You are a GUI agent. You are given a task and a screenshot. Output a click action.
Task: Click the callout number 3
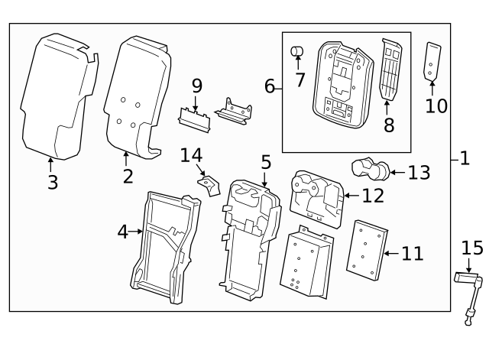tap(51, 182)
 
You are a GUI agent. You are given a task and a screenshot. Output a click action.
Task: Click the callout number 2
tap(128, 177)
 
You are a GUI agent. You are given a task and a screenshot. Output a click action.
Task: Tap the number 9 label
tap(196, 86)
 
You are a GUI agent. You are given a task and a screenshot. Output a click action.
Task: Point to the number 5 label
tap(265, 162)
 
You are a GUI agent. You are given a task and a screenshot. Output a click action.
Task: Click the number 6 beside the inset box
tap(269, 86)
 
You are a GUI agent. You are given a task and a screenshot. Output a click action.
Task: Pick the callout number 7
tap(300, 79)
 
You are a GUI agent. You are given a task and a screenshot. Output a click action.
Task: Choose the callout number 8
tap(389, 125)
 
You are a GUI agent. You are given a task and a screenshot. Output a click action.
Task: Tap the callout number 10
tap(436, 105)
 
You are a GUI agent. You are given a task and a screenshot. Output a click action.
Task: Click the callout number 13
tap(419, 173)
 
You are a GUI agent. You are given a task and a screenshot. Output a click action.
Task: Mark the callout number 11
tap(412, 253)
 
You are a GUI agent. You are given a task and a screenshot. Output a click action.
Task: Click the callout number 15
tap(472, 248)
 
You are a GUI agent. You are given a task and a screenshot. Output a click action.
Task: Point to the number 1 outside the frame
tap(465, 159)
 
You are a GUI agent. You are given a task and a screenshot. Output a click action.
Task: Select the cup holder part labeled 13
tap(370, 167)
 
